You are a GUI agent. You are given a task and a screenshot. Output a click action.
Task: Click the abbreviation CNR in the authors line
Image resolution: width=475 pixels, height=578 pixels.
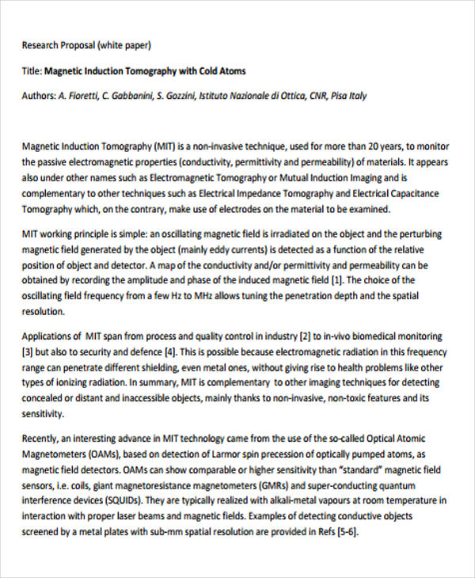point(295,96)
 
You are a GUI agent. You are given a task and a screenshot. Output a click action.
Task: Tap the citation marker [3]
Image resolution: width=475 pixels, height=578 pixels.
point(28,351)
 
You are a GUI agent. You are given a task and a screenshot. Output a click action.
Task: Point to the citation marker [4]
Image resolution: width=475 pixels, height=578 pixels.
point(173,351)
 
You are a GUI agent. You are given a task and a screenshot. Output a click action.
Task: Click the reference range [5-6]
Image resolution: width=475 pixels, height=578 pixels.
point(345,532)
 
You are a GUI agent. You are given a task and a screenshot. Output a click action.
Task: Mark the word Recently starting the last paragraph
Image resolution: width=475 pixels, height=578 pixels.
point(41,439)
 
